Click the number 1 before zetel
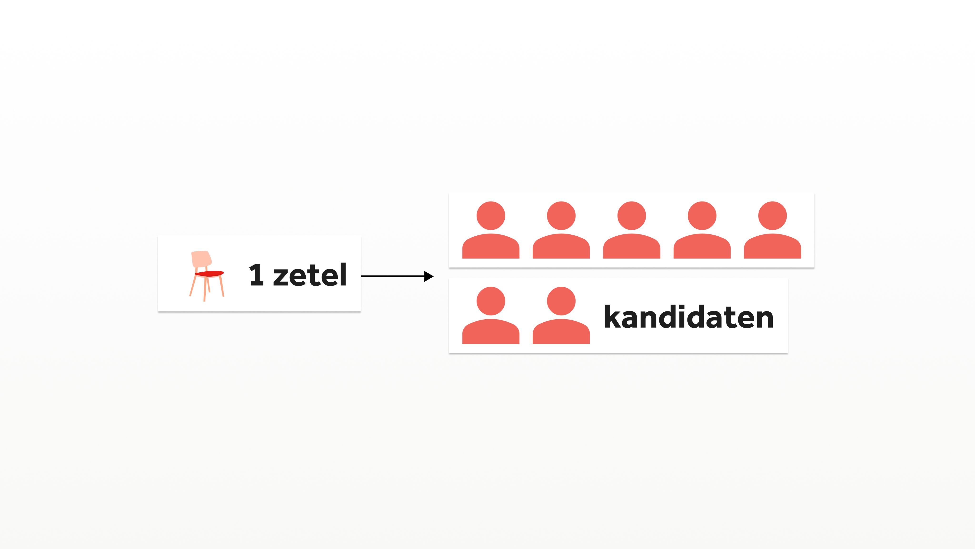(257, 275)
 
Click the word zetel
(310, 275)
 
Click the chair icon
(207, 275)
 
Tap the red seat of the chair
(209, 273)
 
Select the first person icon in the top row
(491, 230)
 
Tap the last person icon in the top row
(772, 230)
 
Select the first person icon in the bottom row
(491, 315)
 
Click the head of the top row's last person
(772, 216)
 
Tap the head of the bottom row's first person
(491, 301)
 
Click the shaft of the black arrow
(392, 276)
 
